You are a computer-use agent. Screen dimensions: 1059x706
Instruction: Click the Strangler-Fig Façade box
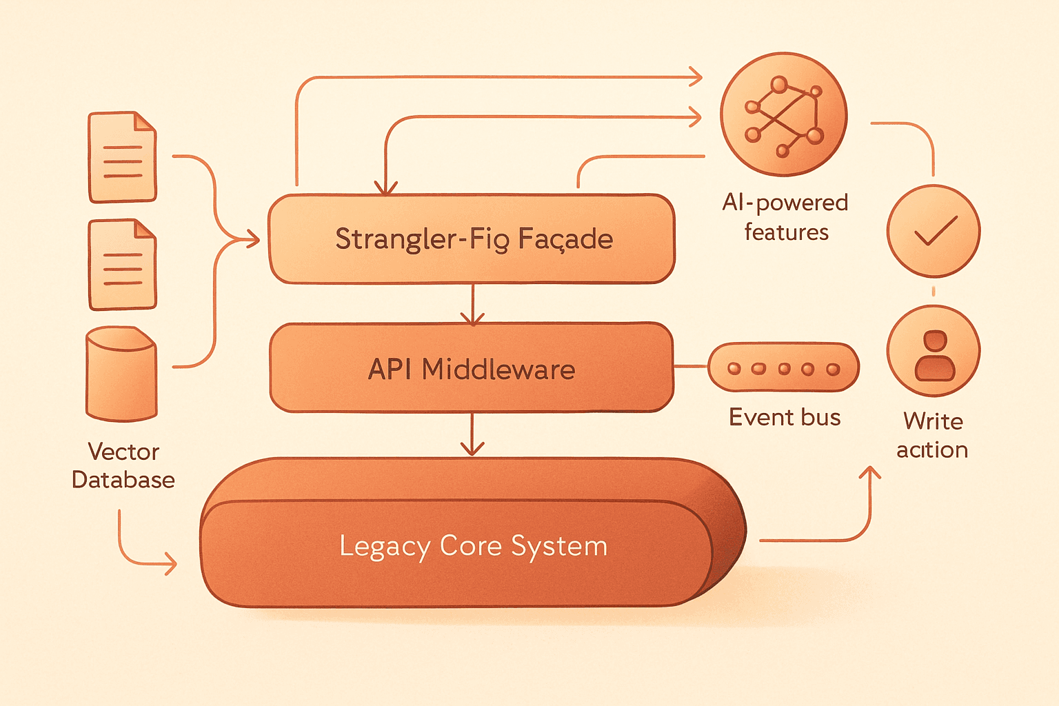pos(472,239)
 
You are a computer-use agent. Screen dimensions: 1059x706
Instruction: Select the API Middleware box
pos(472,368)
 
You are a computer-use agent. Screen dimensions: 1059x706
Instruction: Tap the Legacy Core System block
pos(473,532)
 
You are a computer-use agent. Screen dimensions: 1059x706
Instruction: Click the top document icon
pos(122,157)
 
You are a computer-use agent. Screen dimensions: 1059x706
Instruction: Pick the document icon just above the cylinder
pos(122,264)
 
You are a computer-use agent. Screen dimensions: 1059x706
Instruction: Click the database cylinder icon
pos(121,374)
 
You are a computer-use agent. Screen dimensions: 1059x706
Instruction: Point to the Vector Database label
pos(123,466)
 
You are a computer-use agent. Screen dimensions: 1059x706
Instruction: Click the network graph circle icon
pos(784,114)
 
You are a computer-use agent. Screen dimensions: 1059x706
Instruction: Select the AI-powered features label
pos(785,217)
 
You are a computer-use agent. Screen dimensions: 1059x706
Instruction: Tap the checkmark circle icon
pos(934,231)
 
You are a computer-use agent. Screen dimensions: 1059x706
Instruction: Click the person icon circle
pos(934,351)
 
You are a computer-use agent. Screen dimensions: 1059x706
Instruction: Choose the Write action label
pos(932,435)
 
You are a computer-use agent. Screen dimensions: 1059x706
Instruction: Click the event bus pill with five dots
pos(783,367)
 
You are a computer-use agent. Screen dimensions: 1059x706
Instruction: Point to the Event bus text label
pos(785,417)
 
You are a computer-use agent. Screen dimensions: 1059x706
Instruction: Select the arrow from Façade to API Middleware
pos(472,305)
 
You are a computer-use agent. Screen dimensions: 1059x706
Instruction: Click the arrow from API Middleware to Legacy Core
pos(472,434)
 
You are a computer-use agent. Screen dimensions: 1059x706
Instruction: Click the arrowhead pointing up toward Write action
pos(869,473)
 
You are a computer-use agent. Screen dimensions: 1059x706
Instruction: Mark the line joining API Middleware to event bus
pos(691,366)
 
